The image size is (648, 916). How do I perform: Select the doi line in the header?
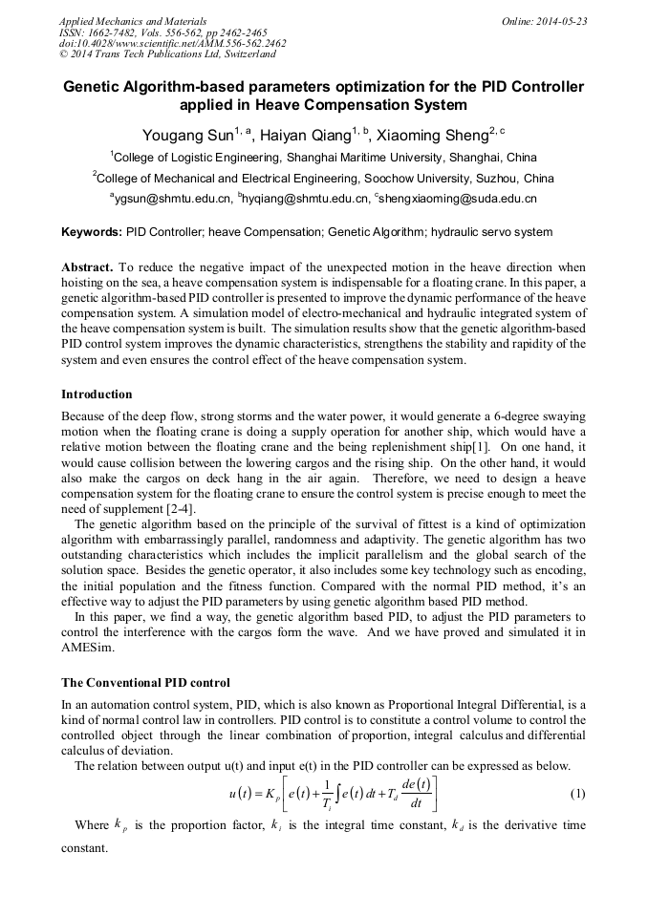tap(172, 43)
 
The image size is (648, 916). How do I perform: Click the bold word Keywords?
tap(92, 232)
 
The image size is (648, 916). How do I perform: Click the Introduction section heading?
tap(97, 394)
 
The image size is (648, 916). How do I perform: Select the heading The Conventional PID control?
tap(145, 683)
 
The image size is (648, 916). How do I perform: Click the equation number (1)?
tap(577, 794)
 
